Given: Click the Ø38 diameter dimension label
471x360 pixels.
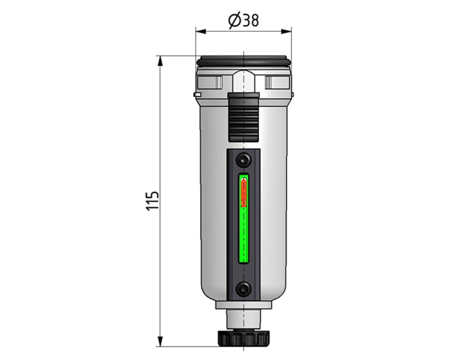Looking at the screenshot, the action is [243, 21].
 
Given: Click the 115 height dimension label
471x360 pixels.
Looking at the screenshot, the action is [153, 200].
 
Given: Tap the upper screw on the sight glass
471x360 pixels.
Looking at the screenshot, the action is [243, 160].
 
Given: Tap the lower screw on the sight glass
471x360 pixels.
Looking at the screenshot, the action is [243, 289].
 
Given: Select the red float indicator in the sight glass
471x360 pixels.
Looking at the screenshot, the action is [244, 192].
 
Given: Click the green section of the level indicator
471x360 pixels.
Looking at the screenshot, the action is [244, 234].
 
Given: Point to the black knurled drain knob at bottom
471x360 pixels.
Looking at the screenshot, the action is [243, 338].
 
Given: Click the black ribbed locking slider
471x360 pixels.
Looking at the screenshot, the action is [243, 117].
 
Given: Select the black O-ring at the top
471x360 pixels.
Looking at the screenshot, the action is [243, 61].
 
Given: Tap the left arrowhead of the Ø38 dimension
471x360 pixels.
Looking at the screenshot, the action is [201, 31].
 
